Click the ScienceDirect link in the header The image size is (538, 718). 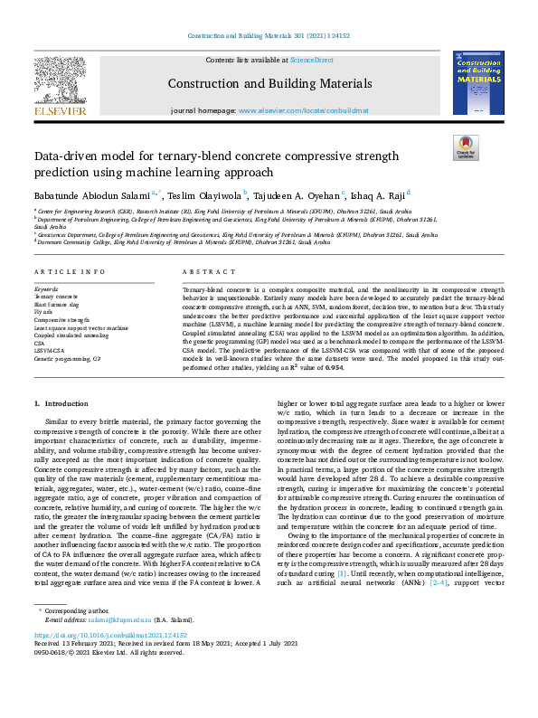(310, 60)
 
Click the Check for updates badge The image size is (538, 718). (466, 147)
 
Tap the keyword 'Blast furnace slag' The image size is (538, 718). (58, 305)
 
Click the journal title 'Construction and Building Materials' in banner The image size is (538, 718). (269, 83)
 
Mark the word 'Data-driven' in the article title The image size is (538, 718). (77, 156)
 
